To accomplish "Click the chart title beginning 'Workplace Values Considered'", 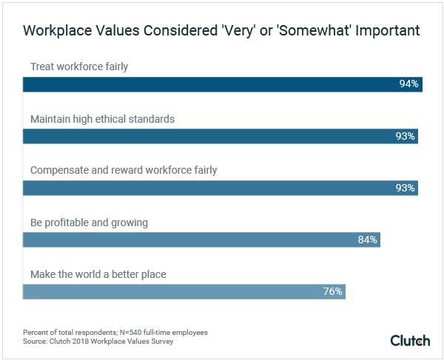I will click(x=222, y=31).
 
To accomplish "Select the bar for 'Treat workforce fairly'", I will click(x=222, y=84).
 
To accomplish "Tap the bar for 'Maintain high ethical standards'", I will click(x=221, y=136).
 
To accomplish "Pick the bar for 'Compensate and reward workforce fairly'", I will click(x=221, y=188).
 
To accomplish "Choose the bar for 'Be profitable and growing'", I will click(x=201, y=240).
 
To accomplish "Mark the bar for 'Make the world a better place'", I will click(x=184, y=291).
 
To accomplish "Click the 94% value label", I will click(x=408, y=84).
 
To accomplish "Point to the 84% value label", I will click(x=368, y=240).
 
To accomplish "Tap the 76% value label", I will click(x=332, y=291).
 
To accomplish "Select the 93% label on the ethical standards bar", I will click(x=406, y=136).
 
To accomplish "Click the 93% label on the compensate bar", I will click(x=406, y=188).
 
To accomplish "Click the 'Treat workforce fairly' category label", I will click(x=79, y=67).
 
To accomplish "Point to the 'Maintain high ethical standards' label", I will click(x=102, y=118).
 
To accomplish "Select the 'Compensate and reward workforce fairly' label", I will click(x=124, y=170).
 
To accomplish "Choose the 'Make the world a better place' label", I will click(x=98, y=274).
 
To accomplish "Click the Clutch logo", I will click(x=411, y=339).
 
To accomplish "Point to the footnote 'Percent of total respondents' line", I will click(x=115, y=333).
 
